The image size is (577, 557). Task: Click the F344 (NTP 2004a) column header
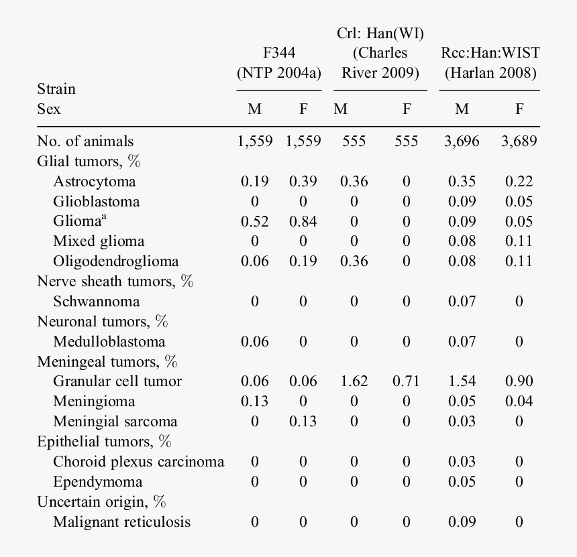click(x=279, y=63)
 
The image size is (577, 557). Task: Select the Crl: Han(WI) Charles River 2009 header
click(x=380, y=53)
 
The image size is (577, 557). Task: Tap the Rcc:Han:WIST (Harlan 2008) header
click(x=490, y=63)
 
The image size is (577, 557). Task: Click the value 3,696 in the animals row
click(x=462, y=141)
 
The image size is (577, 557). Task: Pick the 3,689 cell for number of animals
click(x=519, y=141)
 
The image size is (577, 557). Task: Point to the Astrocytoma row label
click(x=94, y=182)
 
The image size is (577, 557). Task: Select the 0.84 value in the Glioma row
click(x=303, y=222)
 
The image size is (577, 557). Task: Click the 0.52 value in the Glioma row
click(x=254, y=222)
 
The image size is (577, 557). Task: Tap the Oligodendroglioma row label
click(x=116, y=261)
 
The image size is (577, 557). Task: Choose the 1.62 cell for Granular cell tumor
click(x=354, y=381)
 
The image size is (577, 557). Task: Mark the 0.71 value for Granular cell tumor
click(x=406, y=381)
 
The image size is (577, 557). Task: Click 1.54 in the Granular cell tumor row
click(x=462, y=381)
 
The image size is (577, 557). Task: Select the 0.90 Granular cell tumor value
click(x=519, y=381)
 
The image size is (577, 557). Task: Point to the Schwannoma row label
click(x=97, y=302)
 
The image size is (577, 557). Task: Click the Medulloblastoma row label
click(x=109, y=342)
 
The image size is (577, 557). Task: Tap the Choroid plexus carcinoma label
click(x=138, y=462)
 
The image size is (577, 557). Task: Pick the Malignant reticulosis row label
click(x=121, y=522)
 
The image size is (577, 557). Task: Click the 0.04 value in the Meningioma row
click(x=519, y=401)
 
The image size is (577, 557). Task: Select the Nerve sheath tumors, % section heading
click(x=115, y=282)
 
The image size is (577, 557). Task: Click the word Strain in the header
click(x=56, y=89)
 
